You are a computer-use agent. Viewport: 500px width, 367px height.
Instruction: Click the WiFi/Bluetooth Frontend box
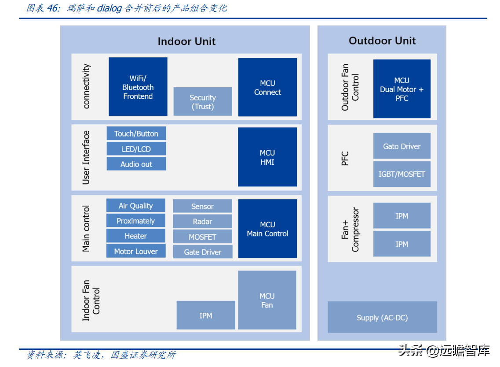138,87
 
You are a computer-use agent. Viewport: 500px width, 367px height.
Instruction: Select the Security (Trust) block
203,102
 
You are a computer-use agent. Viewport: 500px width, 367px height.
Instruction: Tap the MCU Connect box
267,87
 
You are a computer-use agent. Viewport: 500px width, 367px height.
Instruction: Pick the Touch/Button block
136,133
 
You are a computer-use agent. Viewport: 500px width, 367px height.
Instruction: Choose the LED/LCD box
136,149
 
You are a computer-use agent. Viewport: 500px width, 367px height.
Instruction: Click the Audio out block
136,164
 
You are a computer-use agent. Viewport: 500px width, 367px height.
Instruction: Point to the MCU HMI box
267,157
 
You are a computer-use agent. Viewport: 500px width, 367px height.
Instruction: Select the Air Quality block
136,206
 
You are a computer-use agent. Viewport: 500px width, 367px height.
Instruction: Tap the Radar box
202,222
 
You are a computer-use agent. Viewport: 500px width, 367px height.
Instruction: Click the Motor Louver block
136,251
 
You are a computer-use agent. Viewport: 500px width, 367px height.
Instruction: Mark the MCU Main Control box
267,229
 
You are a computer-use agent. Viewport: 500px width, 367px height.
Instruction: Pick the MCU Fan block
267,300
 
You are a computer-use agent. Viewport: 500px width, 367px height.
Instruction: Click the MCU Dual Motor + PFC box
402,89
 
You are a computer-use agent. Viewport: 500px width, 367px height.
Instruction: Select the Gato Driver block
402,146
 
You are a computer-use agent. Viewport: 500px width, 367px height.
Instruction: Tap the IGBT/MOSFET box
402,174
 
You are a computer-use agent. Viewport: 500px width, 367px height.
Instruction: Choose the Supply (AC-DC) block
382,317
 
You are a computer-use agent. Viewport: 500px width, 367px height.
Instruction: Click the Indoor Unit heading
186,41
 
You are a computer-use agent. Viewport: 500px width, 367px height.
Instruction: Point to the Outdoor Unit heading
382,41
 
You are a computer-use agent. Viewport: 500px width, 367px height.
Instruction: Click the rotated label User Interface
86,157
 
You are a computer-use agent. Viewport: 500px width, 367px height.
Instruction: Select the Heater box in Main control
136,236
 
